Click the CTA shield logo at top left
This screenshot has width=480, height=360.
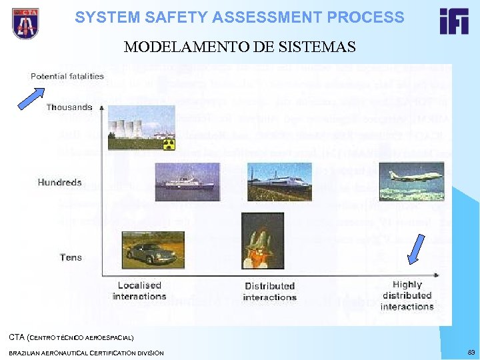point(25,23)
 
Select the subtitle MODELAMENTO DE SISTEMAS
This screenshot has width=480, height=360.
point(239,47)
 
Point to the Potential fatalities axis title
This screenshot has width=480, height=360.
point(67,76)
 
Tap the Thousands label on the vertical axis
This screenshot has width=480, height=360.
point(69,107)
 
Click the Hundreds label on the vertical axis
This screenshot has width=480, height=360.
point(60,182)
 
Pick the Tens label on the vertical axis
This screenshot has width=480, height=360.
point(71,257)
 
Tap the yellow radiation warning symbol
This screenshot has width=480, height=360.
point(169,144)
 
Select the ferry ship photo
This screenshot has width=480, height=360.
point(187,181)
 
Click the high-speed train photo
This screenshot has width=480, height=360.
point(279,181)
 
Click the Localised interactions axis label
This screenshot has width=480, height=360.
point(139,291)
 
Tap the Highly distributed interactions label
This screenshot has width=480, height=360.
point(407,295)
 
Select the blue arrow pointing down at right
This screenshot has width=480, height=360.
point(415,249)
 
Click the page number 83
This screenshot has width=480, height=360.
point(471,352)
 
